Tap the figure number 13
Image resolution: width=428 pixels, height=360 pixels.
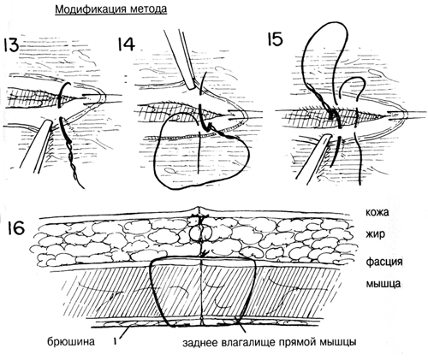point(11,46)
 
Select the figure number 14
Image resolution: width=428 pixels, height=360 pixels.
point(126,44)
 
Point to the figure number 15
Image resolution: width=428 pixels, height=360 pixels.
point(275,38)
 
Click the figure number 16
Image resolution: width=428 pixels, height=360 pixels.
point(16,229)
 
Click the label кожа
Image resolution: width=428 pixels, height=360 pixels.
point(377,212)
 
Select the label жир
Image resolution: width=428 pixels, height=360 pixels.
point(375,234)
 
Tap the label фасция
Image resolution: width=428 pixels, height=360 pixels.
point(384,262)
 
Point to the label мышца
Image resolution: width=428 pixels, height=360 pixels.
point(383,284)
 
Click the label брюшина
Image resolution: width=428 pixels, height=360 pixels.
point(71,341)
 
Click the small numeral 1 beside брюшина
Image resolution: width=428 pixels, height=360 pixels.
point(115,341)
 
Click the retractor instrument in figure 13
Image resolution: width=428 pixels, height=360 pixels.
point(37,146)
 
